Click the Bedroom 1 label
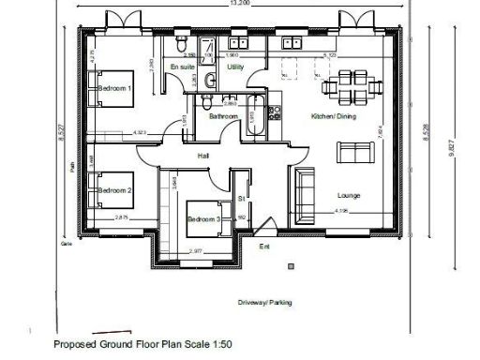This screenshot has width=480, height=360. pyautogui.click(x=114, y=88)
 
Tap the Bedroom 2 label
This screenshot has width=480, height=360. pyautogui.click(x=114, y=189)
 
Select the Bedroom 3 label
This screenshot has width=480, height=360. pyautogui.click(x=202, y=219)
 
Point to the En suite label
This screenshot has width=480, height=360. pyautogui.click(x=181, y=67)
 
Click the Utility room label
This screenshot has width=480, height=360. pyautogui.click(x=235, y=67)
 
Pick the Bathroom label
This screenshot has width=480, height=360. pyautogui.click(x=223, y=116)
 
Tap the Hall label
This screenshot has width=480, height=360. pyautogui.click(x=203, y=156)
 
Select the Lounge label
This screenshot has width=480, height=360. pyautogui.click(x=349, y=195)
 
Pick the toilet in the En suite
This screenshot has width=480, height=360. pyautogui.click(x=189, y=46)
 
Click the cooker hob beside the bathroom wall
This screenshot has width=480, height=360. pyautogui.click(x=275, y=113)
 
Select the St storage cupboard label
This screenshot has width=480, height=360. pyautogui.click(x=241, y=199)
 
